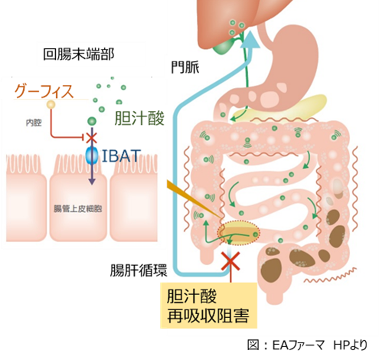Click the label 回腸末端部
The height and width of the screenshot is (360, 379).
pyautogui.click(x=78, y=54)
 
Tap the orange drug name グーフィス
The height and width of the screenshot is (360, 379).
pyautogui.click(x=44, y=92)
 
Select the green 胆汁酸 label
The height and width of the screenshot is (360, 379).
pyautogui.click(x=139, y=118)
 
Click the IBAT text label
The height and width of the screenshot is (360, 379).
pyautogui.click(x=121, y=155)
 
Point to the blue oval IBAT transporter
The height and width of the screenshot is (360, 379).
pyautogui.click(x=92, y=155)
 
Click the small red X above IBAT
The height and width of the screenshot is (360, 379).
pyautogui.click(x=91, y=138)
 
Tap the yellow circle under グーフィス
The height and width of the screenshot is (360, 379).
pyautogui.click(x=51, y=104)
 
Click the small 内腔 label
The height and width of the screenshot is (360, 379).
pyautogui.click(x=34, y=123)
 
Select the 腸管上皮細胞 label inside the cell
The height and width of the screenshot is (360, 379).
pyautogui.click(x=78, y=208)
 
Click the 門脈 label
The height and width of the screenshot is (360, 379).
pyautogui.click(x=185, y=67)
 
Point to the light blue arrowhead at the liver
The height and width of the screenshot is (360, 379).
pyautogui.click(x=250, y=40)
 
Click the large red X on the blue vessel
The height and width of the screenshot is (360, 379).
pyautogui.click(x=230, y=261)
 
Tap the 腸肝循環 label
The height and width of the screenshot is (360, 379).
pyautogui.click(x=139, y=270)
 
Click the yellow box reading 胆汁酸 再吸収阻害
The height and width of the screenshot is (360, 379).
pyautogui.click(x=208, y=306)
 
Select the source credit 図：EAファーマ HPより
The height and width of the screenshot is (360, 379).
pyautogui.click(x=307, y=345)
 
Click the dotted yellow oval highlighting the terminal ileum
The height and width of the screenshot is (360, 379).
pyautogui.click(x=238, y=233)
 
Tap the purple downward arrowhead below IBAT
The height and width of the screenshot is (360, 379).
pyautogui.click(x=92, y=182)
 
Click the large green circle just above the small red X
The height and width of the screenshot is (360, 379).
pyautogui.click(x=92, y=121)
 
